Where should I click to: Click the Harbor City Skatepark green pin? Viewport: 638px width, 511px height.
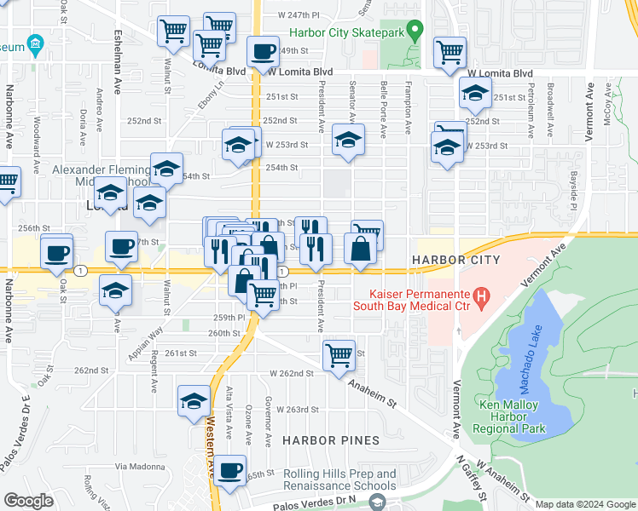tap(415, 33)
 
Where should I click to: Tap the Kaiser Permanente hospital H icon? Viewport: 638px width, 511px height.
tap(483, 297)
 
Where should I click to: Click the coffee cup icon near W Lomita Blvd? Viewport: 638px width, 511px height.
tap(264, 52)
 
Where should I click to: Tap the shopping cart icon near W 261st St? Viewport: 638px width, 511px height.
tap(339, 354)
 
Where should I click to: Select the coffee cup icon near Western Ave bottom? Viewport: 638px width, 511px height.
tap(229, 471)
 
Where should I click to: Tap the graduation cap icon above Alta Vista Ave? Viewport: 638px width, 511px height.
tap(194, 400)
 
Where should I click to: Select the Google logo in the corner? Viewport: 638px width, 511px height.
tap(27, 501)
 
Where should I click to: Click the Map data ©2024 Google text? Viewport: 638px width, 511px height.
tap(584, 504)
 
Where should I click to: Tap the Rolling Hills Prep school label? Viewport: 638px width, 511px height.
tap(339, 480)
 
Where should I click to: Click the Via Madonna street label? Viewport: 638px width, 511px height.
tap(140, 466)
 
